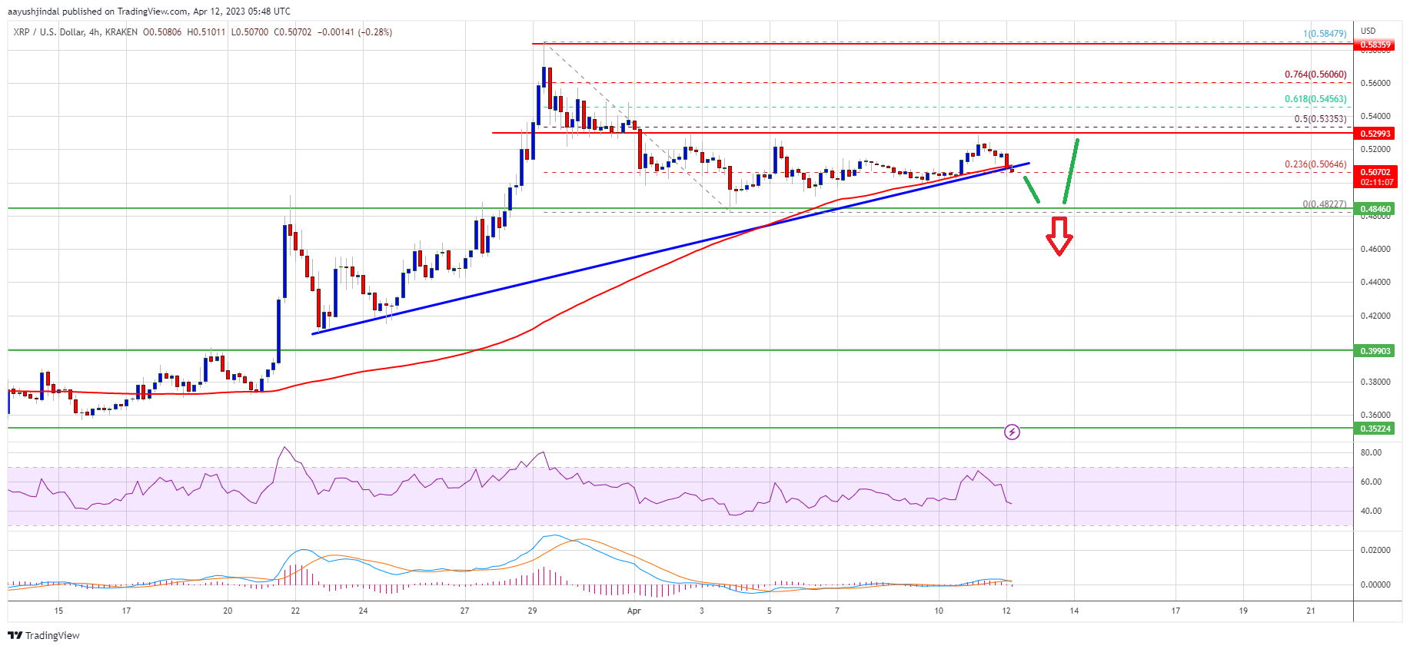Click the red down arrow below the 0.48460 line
(1059, 236)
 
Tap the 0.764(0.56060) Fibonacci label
(1315, 75)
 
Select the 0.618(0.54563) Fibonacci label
(1315, 99)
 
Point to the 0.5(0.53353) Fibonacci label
(1319, 119)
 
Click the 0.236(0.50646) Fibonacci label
(1315, 164)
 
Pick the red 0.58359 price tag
(1375, 45)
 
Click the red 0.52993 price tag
(1375, 134)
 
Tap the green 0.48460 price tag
(1375, 209)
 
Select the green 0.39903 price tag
(1375, 351)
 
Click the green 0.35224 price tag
(1375, 429)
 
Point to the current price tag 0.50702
(1375, 173)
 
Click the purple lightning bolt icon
(1012, 432)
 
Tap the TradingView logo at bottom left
(44, 635)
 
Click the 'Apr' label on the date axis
(634, 611)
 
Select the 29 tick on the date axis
(532, 611)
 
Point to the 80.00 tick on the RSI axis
(1371, 453)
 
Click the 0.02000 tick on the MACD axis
(1375, 551)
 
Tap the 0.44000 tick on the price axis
(1375, 283)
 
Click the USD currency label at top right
(1368, 31)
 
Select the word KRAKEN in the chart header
(121, 32)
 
